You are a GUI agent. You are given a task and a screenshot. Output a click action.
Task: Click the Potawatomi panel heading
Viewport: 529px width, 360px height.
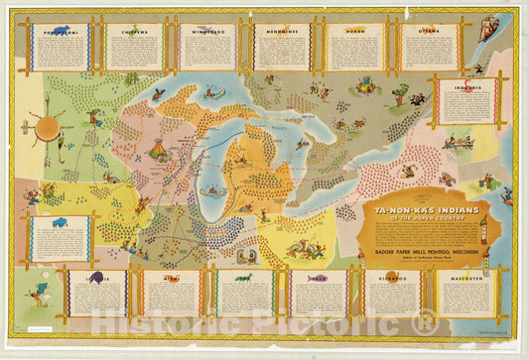coord(61,31)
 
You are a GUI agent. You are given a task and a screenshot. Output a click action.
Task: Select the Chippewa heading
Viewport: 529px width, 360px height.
coord(134,31)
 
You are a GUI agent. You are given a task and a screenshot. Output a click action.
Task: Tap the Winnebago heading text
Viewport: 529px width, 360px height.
coord(207,31)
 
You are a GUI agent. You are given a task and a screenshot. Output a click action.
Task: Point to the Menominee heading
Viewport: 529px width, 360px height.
coord(281,31)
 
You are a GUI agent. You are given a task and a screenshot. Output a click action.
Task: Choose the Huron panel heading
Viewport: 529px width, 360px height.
coord(355,31)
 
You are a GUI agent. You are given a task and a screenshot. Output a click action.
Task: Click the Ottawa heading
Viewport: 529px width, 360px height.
coord(429,31)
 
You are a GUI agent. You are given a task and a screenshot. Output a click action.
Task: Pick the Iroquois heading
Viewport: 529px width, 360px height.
coord(466,86)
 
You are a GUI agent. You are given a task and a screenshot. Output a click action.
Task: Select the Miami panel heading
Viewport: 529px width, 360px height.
coord(172,279)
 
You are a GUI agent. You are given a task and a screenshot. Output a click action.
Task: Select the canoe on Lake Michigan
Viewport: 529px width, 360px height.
coord(209,189)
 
